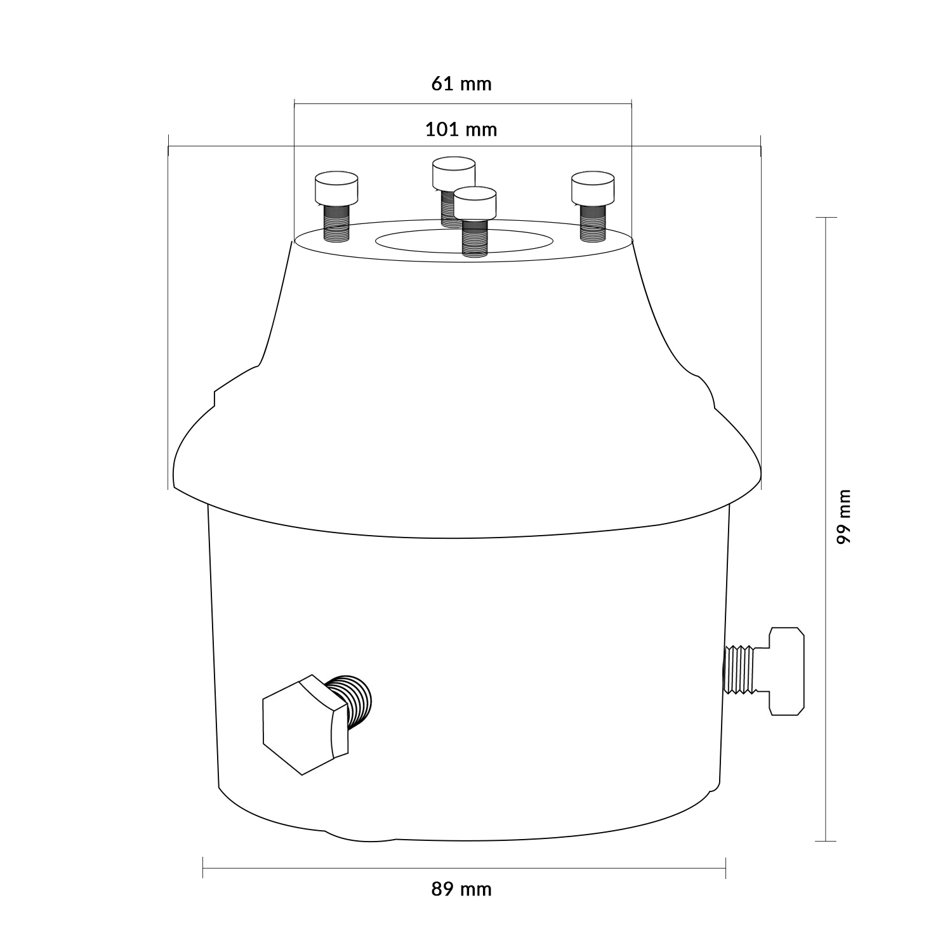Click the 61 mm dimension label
tap(461, 84)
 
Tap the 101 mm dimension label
tap(461, 129)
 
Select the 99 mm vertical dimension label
tap(843, 516)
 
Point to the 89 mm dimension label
tap(461, 889)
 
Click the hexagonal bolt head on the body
tap(305, 724)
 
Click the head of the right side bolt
tap(786, 671)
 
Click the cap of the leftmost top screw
tap(336, 188)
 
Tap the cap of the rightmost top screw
tap(592, 188)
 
